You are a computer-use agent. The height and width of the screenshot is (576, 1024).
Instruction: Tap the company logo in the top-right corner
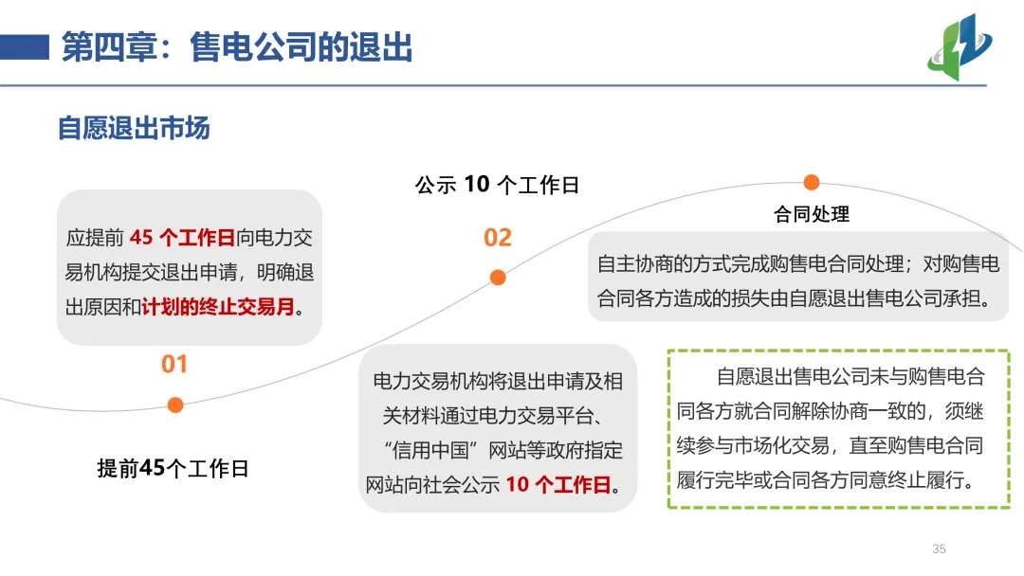click(x=959, y=46)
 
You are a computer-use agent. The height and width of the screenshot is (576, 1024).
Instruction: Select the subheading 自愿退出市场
click(x=134, y=128)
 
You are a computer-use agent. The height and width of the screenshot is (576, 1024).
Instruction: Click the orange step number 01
click(x=174, y=365)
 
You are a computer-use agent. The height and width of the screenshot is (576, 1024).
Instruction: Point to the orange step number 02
click(x=498, y=238)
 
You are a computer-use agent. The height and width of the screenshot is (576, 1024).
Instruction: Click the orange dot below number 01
click(x=175, y=405)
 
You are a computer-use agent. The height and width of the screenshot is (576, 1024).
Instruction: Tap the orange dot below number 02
click(x=498, y=278)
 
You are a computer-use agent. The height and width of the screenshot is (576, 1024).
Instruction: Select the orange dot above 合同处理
click(x=812, y=182)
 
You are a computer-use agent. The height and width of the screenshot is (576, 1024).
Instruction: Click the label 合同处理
click(x=812, y=214)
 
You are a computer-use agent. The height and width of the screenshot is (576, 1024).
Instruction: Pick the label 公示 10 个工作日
click(x=497, y=185)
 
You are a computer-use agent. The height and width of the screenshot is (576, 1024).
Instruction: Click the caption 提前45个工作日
click(x=173, y=468)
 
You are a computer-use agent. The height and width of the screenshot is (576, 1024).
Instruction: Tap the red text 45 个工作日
click(x=182, y=237)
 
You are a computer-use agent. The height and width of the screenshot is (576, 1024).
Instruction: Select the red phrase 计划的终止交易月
click(x=218, y=308)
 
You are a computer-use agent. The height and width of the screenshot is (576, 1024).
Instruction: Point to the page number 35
click(x=940, y=549)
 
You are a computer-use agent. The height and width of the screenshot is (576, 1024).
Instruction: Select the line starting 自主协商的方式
click(x=798, y=264)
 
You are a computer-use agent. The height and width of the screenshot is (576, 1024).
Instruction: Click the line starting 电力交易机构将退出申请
click(x=498, y=381)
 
